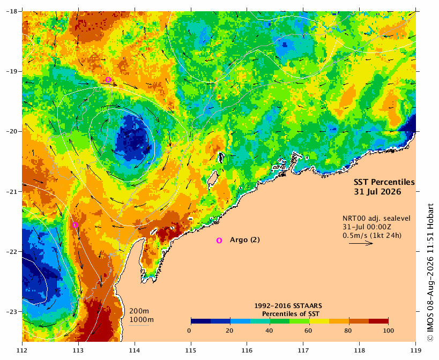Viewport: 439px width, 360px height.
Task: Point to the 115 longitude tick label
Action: click(x=191, y=350)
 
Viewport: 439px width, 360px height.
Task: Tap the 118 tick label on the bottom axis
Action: click(x=360, y=350)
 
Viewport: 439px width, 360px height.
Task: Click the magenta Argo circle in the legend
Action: click(x=219, y=241)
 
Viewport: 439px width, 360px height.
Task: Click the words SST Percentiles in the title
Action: click(x=384, y=182)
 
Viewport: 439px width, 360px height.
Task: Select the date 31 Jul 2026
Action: click(x=377, y=192)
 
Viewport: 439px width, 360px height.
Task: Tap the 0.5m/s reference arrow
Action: click(x=361, y=243)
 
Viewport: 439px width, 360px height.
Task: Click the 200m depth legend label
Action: click(x=139, y=311)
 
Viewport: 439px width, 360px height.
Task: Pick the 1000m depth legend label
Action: click(x=142, y=320)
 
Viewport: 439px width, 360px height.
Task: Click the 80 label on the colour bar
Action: click(x=348, y=331)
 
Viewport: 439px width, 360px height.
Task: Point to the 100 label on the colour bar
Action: click(x=388, y=331)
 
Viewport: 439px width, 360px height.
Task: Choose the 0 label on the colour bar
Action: click(x=189, y=331)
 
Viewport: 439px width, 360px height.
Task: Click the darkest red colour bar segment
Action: click(x=378, y=321)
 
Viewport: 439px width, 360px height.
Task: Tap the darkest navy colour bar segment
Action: click(x=201, y=321)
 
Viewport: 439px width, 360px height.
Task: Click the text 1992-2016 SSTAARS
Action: click(x=288, y=306)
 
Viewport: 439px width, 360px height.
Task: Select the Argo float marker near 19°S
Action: click(x=108, y=80)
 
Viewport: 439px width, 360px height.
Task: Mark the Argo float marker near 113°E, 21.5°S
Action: click(x=75, y=225)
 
